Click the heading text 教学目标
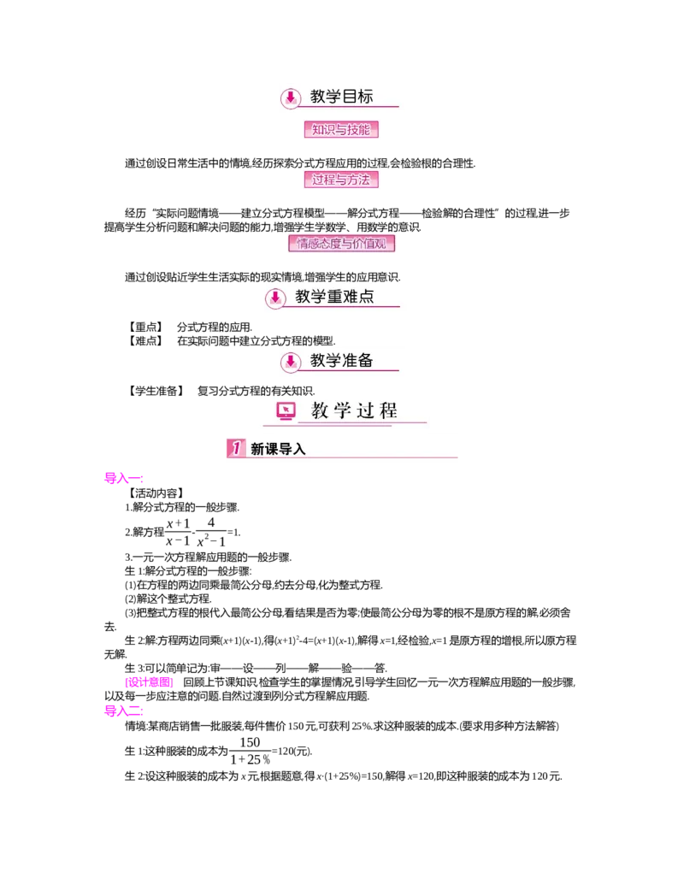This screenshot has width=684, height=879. coord(342,97)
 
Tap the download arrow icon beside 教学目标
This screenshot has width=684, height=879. coord(291,97)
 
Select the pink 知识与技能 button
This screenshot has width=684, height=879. coord(341,130)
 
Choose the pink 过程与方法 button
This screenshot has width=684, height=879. coord(341,180)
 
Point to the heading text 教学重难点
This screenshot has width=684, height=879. coord(334,297)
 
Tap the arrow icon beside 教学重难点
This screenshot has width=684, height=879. coord(274,298)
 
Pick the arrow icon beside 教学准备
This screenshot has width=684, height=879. coord(291,362)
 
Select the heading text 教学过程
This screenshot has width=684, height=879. coord(354,410)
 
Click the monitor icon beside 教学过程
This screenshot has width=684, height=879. coord(286,411)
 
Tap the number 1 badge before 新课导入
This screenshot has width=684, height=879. coord(235,448)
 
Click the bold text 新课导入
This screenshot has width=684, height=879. coord(278,449)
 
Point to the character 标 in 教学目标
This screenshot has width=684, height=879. coord(366,97)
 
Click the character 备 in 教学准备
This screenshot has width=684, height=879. coord(366,360)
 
